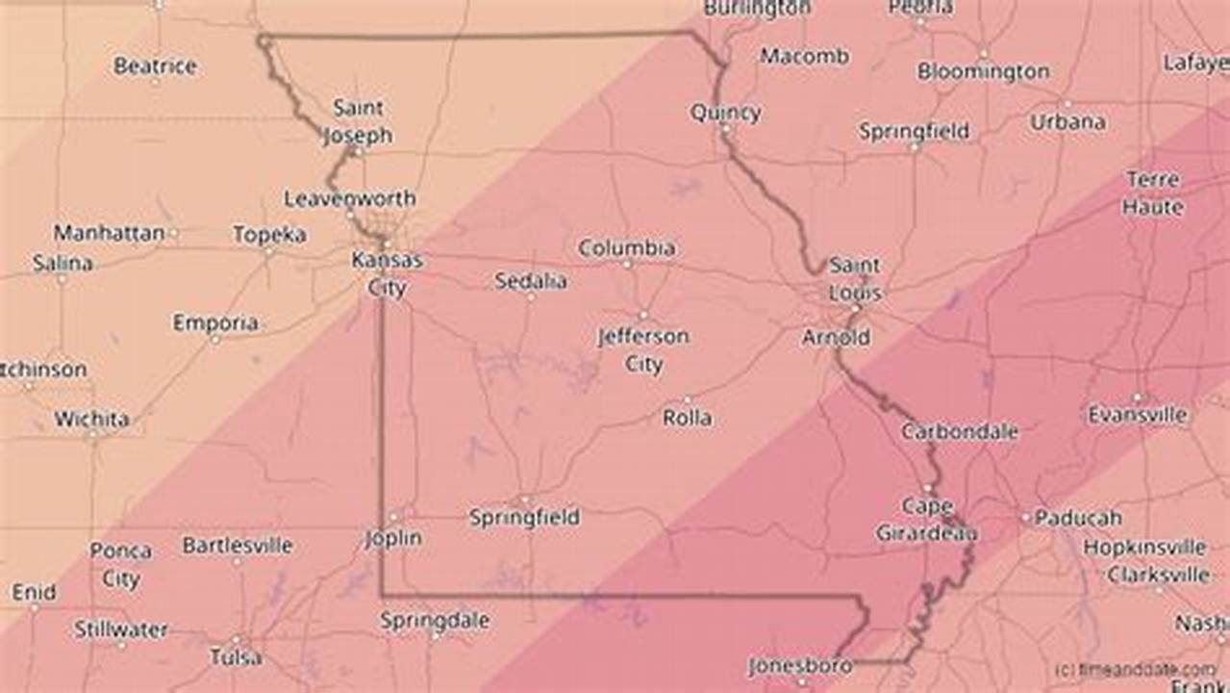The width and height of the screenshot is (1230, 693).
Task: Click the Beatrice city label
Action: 155,66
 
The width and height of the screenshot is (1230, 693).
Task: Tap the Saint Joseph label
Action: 358,121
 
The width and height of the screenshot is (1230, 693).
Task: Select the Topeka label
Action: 269,235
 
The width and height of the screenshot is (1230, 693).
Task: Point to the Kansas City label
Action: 387,273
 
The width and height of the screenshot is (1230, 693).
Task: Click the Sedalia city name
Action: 531,282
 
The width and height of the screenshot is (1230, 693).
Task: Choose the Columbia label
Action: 626,248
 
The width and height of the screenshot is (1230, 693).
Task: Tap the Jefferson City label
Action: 643,350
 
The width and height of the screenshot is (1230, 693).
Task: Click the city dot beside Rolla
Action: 688,400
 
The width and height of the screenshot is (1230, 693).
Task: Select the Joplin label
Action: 393,538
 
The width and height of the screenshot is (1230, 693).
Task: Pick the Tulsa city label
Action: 236,657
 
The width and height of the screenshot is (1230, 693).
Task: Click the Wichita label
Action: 91,420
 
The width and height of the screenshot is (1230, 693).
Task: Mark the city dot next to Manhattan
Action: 173,233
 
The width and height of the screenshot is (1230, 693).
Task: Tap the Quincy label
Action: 725,113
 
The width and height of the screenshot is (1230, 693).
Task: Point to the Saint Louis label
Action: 854,279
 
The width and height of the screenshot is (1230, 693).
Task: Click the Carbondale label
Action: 959,432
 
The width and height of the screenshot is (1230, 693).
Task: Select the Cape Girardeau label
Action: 927,520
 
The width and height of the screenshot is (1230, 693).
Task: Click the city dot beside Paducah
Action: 1026,518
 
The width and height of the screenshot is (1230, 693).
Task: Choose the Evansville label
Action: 1138,415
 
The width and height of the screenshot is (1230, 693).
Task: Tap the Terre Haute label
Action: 1153,193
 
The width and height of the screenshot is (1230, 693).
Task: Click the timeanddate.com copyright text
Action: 1134,670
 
